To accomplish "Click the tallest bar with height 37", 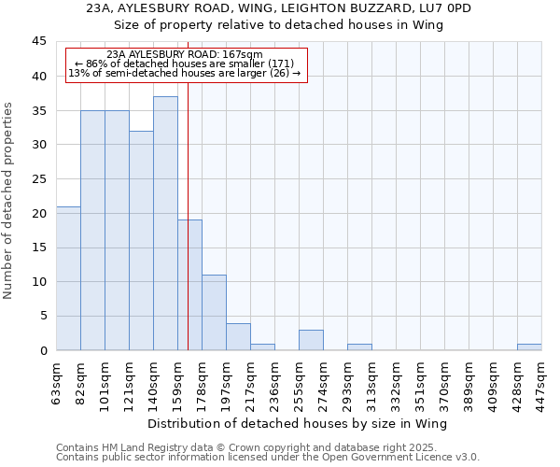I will tap(165, 223).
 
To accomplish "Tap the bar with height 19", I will tap(189, 285).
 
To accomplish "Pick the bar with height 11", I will tap(214, 312).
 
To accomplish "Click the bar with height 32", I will tap(141, 240).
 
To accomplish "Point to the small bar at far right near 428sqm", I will tap(529, 347).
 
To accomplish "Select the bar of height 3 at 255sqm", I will tap(311, 340).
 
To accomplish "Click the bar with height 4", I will tap(238, 336).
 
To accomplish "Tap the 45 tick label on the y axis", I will tap(38, 42).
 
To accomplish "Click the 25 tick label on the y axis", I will tap(38, 179).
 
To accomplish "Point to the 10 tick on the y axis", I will tap(38, 282).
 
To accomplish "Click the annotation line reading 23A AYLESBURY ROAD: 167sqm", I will tap(185, 55).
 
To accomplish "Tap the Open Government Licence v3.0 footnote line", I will tap(268, 458).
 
